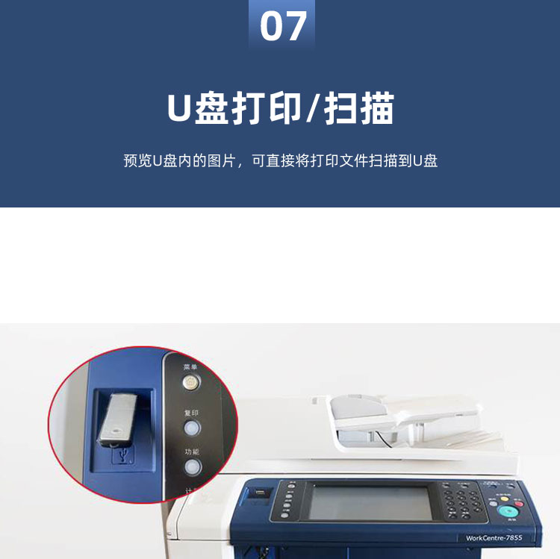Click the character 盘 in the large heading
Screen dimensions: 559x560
pos(214,109)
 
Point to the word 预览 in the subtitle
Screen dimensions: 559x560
pos(138,161)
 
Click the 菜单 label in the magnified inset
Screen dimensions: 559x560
pos(191,367)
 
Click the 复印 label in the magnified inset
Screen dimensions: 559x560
pos(192,412)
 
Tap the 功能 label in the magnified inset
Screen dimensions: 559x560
pos(192,452)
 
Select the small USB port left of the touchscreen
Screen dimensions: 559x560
pos(258,493)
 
